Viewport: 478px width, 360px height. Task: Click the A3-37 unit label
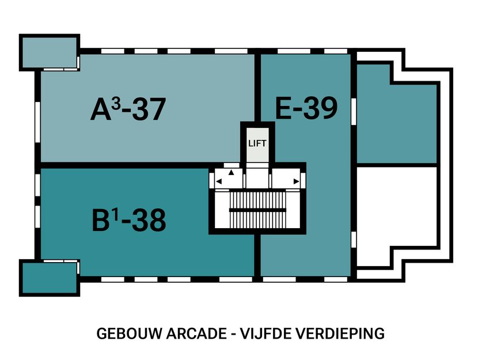(128, 109)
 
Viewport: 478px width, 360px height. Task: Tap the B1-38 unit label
(128, 219)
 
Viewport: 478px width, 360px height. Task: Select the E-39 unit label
(305, 108)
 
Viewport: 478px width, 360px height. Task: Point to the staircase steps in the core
(257, 210)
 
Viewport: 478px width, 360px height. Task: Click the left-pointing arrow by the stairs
(219, 181)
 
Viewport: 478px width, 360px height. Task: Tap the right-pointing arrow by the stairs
(296, 181)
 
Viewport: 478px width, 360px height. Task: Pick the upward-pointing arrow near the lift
(232, 172)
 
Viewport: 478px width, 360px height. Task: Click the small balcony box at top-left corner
(49, 52)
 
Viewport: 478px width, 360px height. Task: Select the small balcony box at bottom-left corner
(49, 278)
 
